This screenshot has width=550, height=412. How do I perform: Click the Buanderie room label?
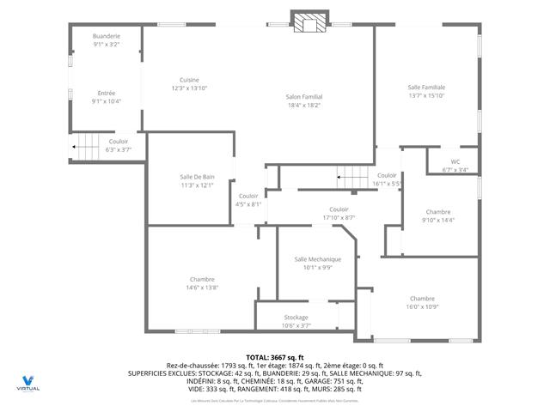[107, 36]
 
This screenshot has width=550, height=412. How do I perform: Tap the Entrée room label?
[107, 93]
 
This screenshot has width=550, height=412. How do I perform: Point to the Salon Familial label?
[304, 97]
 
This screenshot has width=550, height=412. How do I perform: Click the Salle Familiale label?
[426, 88]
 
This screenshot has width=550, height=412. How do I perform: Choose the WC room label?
[455, 161]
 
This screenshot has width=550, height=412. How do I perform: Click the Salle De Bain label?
[196, 177]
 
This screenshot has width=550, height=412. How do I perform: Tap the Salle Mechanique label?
[317, 259]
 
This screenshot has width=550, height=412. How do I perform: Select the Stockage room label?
[296, 318]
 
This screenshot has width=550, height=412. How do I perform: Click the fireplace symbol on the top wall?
[305, 22]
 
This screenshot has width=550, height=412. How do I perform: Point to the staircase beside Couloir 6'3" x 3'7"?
[86, 147]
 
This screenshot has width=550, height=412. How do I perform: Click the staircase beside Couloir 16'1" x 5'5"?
[353, 179]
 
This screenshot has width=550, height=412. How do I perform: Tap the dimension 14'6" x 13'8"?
[203, 288]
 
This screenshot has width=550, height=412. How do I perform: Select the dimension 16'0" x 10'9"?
[422, 306]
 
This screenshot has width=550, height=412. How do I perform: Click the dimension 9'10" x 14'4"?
[437, 221]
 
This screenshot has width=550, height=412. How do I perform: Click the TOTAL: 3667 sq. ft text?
[274, 357]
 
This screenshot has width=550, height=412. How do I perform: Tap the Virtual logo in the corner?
[28, 384]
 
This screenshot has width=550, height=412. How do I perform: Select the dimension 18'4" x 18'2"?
[304, 106]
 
